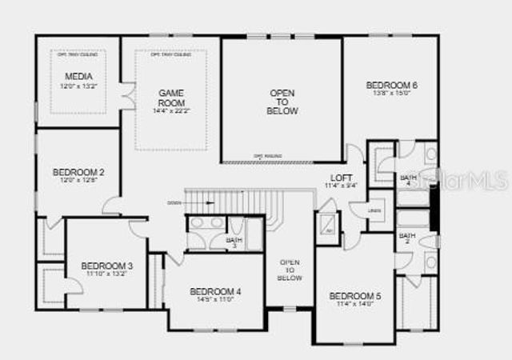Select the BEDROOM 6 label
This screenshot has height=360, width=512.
click(392, 85)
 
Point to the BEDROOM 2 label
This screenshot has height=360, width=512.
click(78, 171)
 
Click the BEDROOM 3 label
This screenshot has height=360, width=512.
click(107, 266)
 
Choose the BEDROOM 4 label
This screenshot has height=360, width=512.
click(215, 291)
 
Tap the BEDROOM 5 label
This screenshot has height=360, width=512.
click(355, 297)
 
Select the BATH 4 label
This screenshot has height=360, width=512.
click(407, 178)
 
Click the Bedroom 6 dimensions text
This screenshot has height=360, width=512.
click(392, 94)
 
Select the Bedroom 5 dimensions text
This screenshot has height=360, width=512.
click(355, 305)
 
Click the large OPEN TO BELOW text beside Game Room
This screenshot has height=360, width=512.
click(282, 102)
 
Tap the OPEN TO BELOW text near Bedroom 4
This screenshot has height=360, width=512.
click(290, 270)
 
